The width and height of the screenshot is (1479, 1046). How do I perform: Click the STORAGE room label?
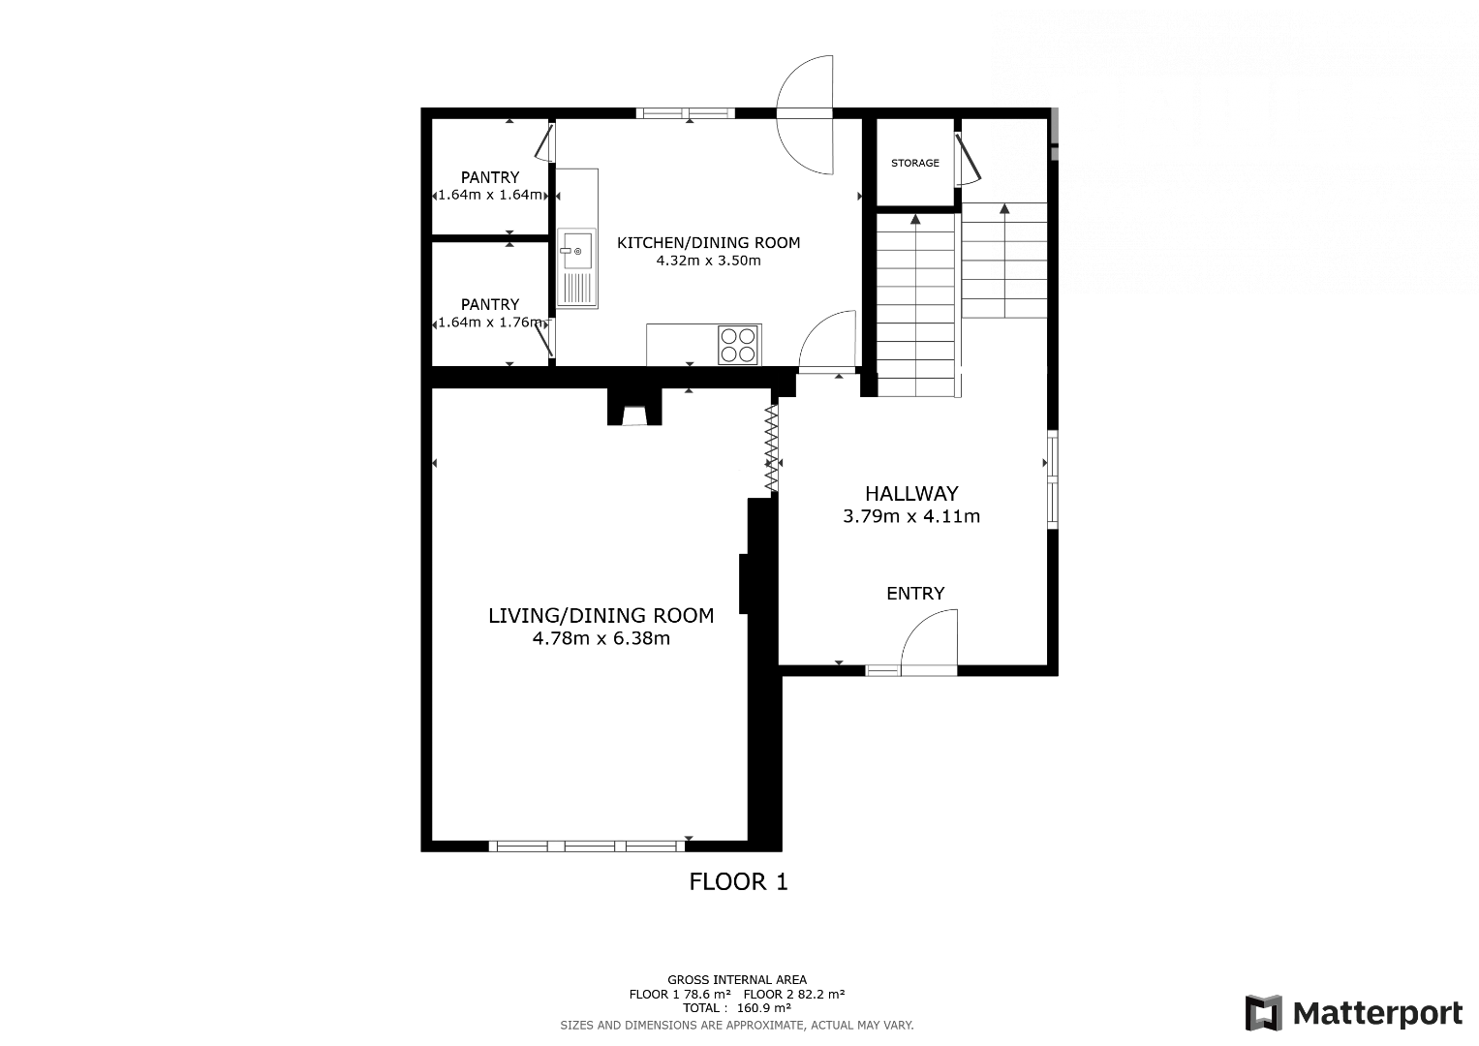click(914, 163)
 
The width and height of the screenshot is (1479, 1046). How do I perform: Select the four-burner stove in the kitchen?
click(739, 345)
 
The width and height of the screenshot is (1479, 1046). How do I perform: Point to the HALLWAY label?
click(911, 493)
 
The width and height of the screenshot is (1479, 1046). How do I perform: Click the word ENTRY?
click(915, 593)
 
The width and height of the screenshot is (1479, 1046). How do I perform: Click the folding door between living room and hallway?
click(772, 447)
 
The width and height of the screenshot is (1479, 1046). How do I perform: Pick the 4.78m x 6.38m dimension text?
click(601, 638)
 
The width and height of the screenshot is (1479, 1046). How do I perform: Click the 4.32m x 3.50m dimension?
click(708, 261)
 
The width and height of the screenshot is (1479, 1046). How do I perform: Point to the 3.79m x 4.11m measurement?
click(911, 515)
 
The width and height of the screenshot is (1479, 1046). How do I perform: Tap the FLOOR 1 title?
click(738, 881)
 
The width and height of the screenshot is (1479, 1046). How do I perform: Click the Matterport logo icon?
click(1264, 1013)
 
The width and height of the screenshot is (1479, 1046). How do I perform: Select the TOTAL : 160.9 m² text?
click(737, 1007)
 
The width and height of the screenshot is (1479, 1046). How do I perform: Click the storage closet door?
click(968, 159)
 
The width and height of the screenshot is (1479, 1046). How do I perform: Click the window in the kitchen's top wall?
click(686, 113)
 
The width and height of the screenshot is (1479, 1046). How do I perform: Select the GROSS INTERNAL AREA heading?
click(737, 980)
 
